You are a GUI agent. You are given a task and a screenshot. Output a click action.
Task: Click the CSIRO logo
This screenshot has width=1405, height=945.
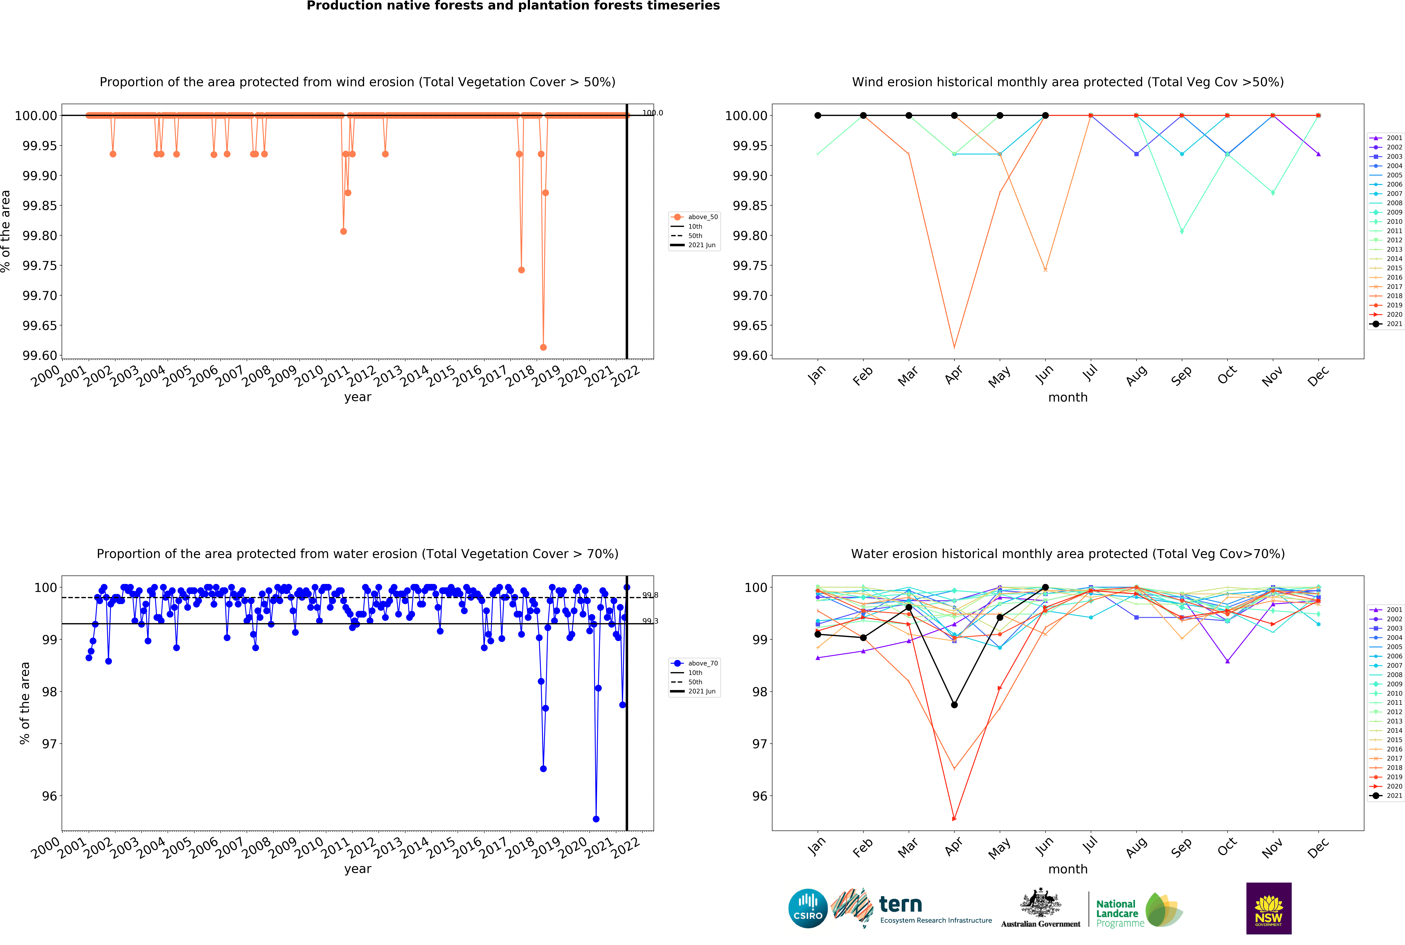pyautogui.click(x=808, y=908)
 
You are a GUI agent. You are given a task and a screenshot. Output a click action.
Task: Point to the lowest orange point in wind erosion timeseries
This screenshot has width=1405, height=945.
pyautogui.click(x=543, y=347)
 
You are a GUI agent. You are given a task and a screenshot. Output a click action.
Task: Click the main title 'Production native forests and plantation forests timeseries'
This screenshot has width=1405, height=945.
pyautogui.click(x=513, y=6)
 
